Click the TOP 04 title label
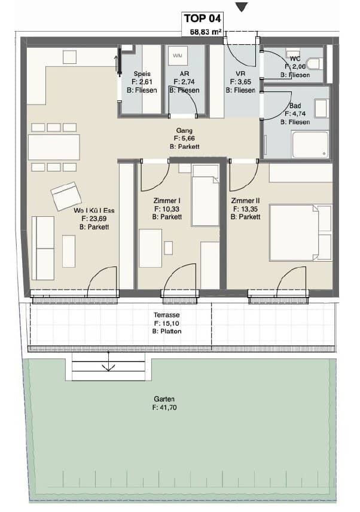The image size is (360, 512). click(x=202, y=19)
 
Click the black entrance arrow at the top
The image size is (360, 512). click(x=242, y=7)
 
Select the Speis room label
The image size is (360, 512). click(x=142, y=74)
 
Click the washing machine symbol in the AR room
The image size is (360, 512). click(x=178, y=56)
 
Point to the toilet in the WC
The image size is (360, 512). click(x=314, y=64)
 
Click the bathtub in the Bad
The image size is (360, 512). click(x=310, y=145)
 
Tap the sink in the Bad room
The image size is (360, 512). click(x=321, y=108)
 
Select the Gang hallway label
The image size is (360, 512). click(x=184, y=131)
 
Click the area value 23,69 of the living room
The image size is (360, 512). click(x=97, y=219)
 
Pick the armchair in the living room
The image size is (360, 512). click(x=66, y=196)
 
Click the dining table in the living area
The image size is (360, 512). click(x=54, y=147)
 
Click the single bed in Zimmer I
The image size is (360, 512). click(x=205, y=195)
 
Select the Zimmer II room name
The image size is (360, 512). click(x=245, y=201)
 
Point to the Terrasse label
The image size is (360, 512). click(x=167, y=315)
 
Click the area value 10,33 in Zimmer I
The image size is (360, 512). click(x=170, y=209)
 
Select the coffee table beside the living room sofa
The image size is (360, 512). click(x=69, y=252)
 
